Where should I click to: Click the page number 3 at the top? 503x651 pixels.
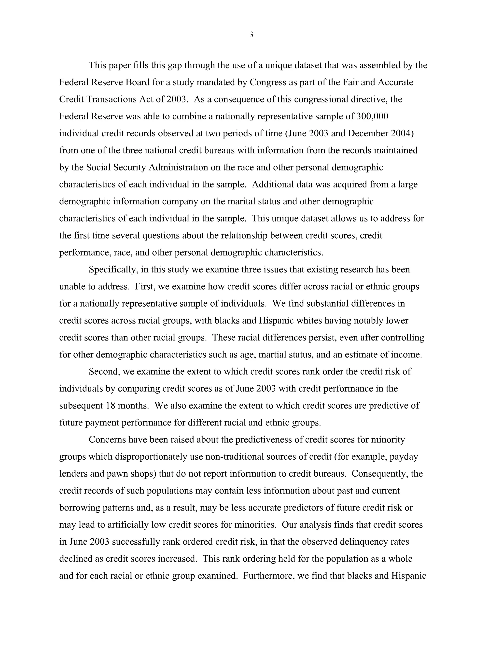251,35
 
